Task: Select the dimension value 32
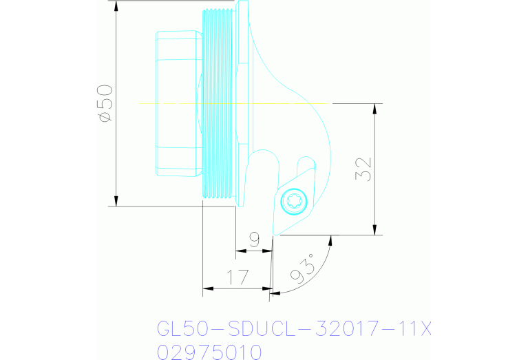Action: [x=365, y=169]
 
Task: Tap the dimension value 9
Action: [x=254, y=240]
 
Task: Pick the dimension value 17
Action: [x=237, y=278]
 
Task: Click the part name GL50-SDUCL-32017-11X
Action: [x=294, y=329]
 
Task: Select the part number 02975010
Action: [x=209, y=352]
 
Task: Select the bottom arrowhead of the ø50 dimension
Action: [x=116, y=200]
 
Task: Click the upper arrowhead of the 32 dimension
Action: [x=374, y=109]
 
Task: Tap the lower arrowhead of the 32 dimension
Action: [x=374, y=230]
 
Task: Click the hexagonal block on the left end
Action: [x=178, y=103]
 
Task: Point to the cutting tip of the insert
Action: [x=275, y=234]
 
